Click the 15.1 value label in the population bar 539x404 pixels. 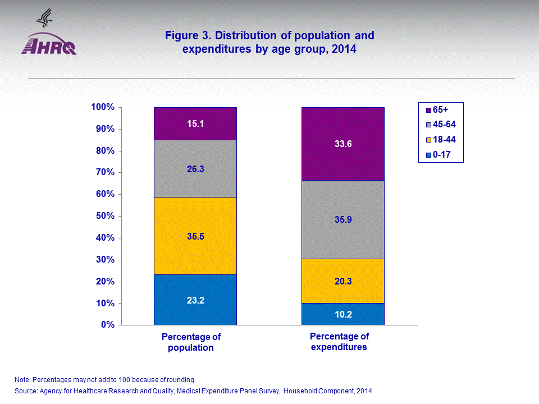click(x=195, y=122)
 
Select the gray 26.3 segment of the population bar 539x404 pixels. click(x=195, y=168)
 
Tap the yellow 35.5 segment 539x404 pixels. click(x=195, y=236)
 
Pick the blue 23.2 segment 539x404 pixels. click(x=195, y=300)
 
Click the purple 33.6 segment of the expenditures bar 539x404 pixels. click(x=342, y=144)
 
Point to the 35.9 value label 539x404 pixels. click(x=342, y=220)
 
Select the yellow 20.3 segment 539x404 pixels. click(x=342, y=281)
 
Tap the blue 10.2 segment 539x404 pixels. click(x=342, y=314)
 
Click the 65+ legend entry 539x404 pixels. click(x=441, y=111)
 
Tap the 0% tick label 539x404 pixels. click(x=108, y=325)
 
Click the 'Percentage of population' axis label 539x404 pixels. click(x=191, y=342)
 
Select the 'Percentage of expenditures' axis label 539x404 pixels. click(x=339, y=342)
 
